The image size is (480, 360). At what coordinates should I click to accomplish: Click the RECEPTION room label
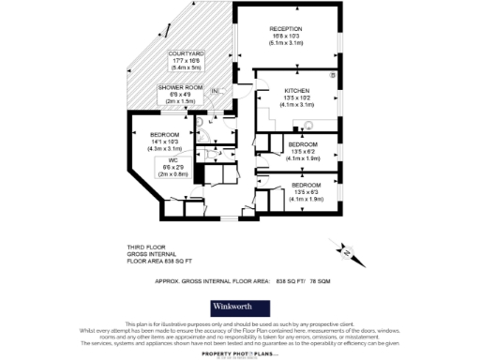[x=286, y=28]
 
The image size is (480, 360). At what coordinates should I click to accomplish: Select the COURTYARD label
[x=187, y=54]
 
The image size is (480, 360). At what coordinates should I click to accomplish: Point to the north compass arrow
[x=345, y=251]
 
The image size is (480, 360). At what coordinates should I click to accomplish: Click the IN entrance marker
[x=215, y=91]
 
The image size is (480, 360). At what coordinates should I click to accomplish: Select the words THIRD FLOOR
[x=147, y=246]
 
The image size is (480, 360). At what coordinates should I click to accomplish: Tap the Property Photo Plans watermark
[x=239, y=354]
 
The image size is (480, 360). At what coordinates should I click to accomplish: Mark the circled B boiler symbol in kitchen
[x=333, y=73]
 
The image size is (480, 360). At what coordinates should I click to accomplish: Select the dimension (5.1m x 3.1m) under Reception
[x=286, y=42]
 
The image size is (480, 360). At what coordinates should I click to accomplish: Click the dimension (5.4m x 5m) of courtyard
[x=187, y=68]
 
